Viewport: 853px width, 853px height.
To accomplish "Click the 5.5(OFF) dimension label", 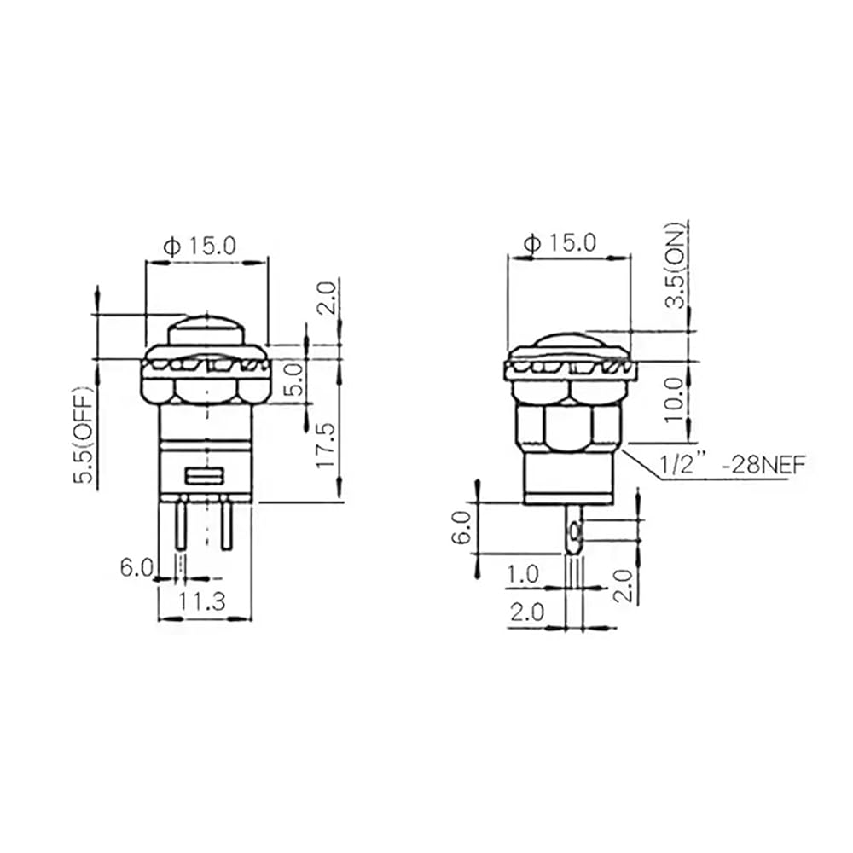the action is click(84, 435).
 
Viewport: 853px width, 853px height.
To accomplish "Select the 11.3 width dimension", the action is click(203, 601).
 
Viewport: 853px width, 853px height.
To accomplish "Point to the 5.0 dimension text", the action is click(293, 380).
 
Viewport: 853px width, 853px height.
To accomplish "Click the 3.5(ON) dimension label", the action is click(676, 265).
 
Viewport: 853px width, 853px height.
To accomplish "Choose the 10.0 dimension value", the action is click(674, 400).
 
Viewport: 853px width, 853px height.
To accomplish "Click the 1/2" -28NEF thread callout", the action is click(732, 466).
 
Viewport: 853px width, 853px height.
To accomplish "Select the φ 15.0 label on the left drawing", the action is click(200, 247).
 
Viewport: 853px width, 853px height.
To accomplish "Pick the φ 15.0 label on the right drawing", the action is click(560, 242).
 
